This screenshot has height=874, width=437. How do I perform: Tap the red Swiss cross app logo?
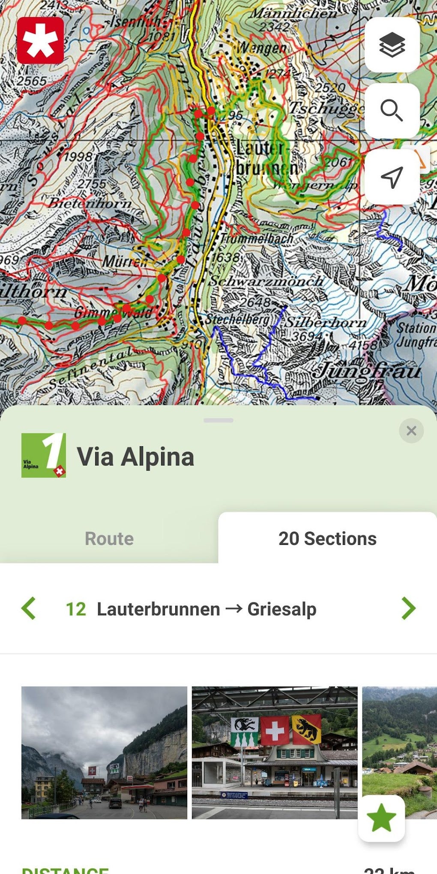[41, 41]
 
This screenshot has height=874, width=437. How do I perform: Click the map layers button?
[392, 45]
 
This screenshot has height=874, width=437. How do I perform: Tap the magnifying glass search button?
[392, 111]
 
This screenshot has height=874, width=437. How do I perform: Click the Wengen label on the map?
[261, 48]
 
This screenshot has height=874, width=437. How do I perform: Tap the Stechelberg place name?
[238, 320]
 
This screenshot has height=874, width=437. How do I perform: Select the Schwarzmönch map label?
[266, 281]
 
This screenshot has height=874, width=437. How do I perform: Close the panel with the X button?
[411, 430]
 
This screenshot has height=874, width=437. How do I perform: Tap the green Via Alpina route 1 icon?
[44, 455]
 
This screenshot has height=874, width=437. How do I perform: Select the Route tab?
[109, 538]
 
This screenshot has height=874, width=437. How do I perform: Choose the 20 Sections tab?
[327, 538]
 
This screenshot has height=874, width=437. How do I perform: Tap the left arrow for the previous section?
[29, 608]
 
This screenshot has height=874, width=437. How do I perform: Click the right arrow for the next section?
[408, 608]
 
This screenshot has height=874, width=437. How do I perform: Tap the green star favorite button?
[381, 818]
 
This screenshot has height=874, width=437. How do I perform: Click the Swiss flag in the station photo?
[275, 730]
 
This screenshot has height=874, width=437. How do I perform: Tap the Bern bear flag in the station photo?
[306, 729]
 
